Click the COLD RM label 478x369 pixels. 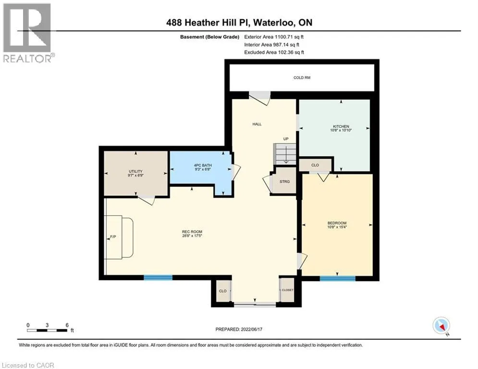click(302, 78)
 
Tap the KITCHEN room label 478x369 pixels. click(341, 126)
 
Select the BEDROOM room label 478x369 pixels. click(337, 223)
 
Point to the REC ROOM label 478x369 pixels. click(192, 232)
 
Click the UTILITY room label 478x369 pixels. click(135, 172)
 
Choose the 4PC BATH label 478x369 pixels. click(203, 165)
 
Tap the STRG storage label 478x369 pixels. click(284, 182)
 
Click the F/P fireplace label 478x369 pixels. click(113, 237)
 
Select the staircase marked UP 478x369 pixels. click(285, 154)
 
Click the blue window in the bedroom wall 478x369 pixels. click(337, 278)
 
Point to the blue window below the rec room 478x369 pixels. click(158, 278)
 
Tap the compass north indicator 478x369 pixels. click(441, 326)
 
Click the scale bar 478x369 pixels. click(47, 330)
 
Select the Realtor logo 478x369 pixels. click(27, 33)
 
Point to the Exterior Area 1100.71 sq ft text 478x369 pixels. click(274, 37)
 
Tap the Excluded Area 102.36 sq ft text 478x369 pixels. click(274, 52)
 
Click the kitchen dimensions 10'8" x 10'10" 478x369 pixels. click(341, 130)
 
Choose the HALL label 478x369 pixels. click(257, 124)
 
